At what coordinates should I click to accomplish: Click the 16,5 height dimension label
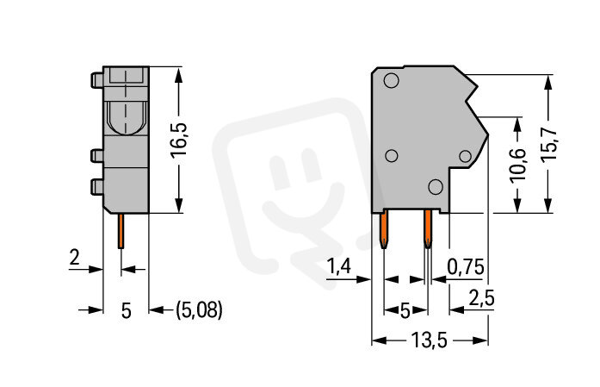[x=178, y=140]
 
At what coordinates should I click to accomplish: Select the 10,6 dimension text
[x=518, y=164]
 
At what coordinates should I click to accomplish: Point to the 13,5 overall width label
[x=429, y=340]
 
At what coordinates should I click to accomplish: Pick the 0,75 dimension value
[x=466, y=266]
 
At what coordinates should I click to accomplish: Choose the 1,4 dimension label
[x=338, y=266]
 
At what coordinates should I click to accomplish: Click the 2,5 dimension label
[x=482, y=298]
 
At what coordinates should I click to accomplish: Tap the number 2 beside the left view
[x=74, y=257]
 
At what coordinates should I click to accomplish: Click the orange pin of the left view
[x=121, y=231]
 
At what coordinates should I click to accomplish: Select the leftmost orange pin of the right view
[x=383, y=229]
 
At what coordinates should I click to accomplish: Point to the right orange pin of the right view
[x=428, y=229]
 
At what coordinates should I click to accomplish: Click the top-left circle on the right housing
[x=391, y=80]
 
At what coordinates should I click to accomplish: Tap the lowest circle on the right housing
[x=436, y=186]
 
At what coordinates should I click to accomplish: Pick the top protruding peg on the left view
[x=96, y=80]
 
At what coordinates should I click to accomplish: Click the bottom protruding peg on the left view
[x=96, y=186]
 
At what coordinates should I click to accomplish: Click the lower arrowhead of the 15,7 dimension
[x=548, y=205]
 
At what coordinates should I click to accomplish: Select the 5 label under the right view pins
[x=405, y=310]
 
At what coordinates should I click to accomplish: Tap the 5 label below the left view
[x=127, y=310]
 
